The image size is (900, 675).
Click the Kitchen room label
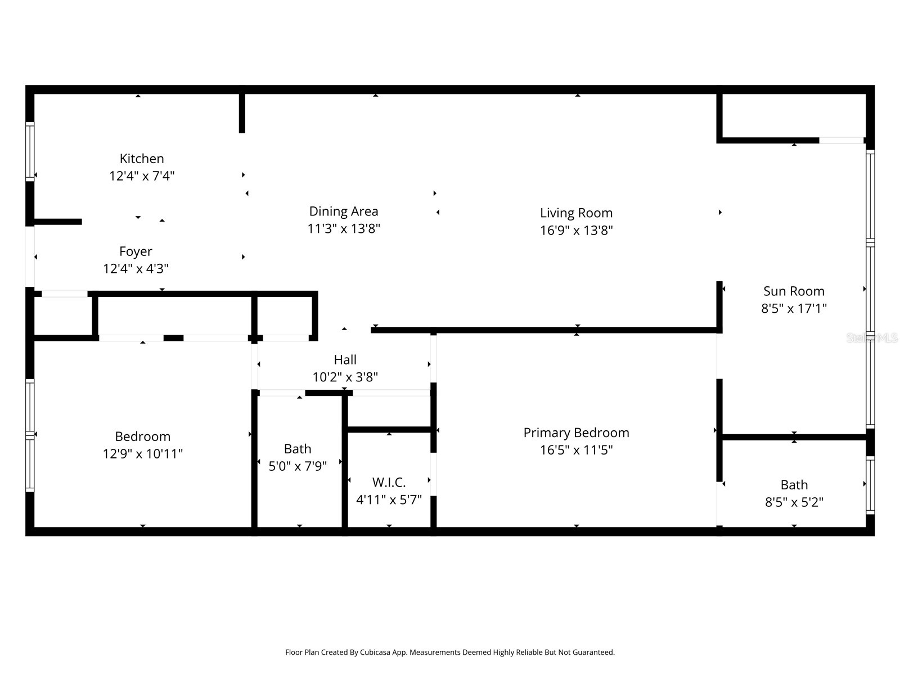pyautogui.click(x=142, y=159)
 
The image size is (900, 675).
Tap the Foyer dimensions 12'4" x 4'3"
pyautogui.click(x=136, y=269)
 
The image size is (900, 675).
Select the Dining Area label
pyautogui.click(x=344, y=211)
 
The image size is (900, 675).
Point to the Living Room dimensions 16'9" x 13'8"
pyautogui.click(x=576, y=230)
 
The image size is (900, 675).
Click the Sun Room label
pyautogui.click(x=794, y=291)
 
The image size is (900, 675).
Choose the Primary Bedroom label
pyautogui.click(x=576, y=433)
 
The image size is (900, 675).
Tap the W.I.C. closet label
pyautogui.click(x=389, y=483)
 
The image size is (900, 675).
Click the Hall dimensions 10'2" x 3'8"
pyautogui.click(x=345, y=377)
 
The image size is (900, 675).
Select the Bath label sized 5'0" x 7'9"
pyautogui.click(x=298, y=449)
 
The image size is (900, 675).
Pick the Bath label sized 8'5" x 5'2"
pyautogui.click(x=794, y=485)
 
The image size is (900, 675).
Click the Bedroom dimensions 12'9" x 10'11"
pyautogui.click(x=142, y=454)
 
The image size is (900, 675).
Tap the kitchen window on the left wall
pyautogui.click(x=30, y=152)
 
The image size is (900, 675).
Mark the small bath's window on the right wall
pyautogui.click(x=870, y=485)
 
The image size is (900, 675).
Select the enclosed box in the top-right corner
pyautogui.click(x=793, y=115)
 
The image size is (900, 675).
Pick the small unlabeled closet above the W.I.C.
pyautogui.click(x=389, y=411)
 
